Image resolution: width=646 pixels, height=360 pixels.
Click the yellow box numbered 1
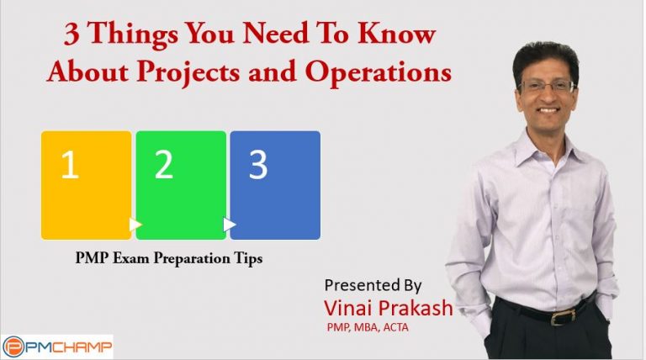[x=86, y=185]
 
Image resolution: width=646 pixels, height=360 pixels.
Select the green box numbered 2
[x=181, y=185]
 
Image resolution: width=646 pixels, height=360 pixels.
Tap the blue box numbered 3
[x=275, y=185]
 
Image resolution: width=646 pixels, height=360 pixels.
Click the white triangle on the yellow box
[x=135, y=225]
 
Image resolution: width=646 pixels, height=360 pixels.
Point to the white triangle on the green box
[x=230, y=225]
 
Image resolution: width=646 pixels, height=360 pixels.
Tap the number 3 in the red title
[x=72, y=35]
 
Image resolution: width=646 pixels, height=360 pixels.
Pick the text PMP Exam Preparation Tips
[x=168, y=259]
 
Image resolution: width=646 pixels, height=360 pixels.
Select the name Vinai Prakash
[x=388, y=307]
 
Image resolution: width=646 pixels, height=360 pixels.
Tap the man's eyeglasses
[x=548, y=87]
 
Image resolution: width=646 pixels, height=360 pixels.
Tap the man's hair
[x=545, y=52]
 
